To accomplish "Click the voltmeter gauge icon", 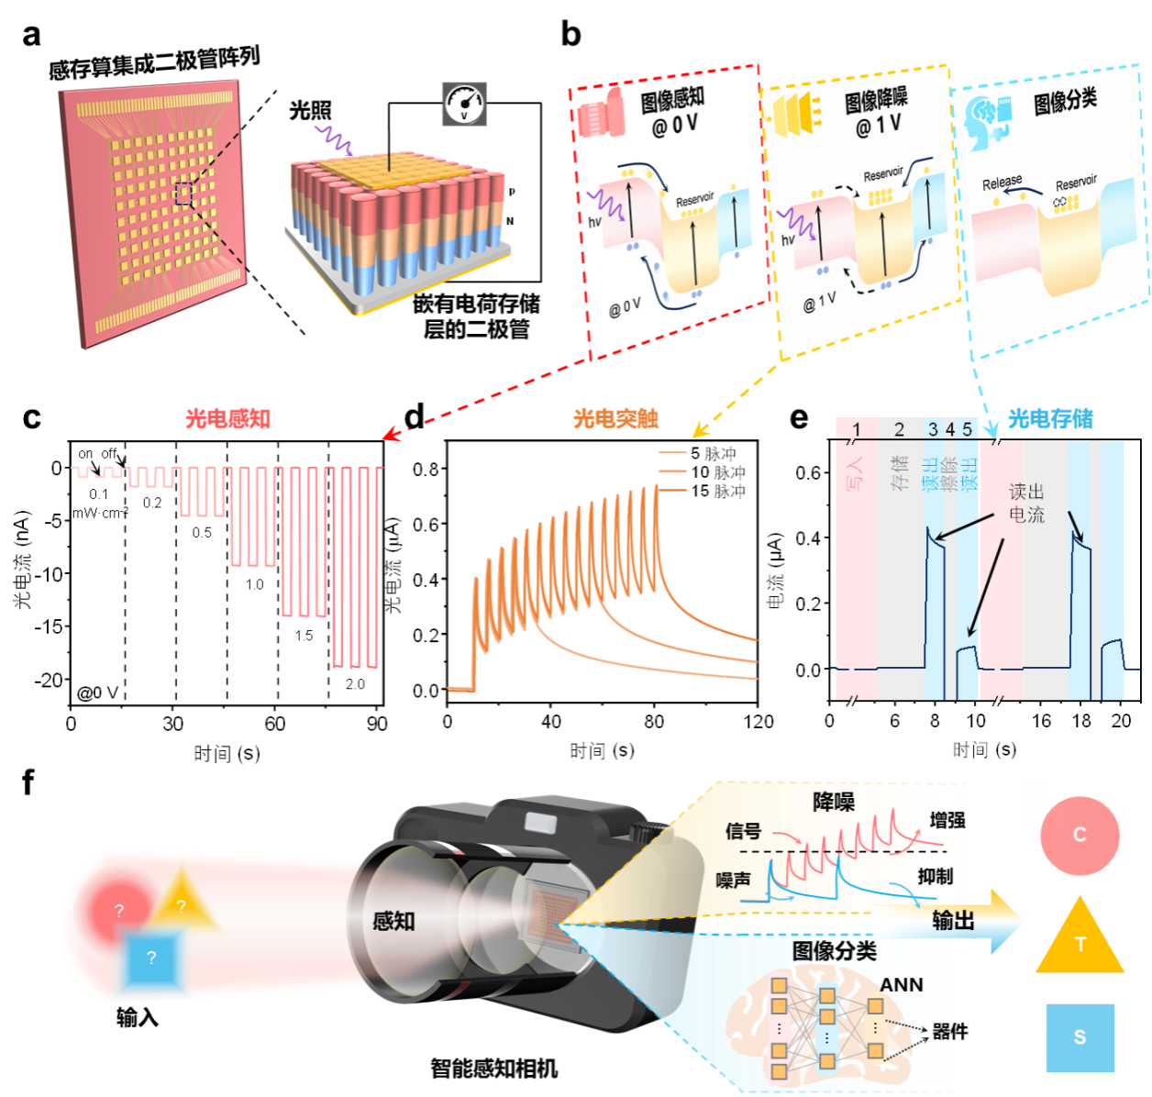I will pyautogui.click(x=464, y=105).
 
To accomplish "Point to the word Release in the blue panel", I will pyautogui.click(x=1002, y=183).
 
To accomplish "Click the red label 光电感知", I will pyautogui.click(x=227, y=419).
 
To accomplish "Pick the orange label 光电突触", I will pyautogui.click(x=615, y=419).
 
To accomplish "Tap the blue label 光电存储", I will pyautogui.click(x=1051, y=419).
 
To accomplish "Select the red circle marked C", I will pyautogui.click(x=1080, y=836).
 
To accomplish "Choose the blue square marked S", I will pyautogui.click(x=1080, y=1037).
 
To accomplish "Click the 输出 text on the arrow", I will pyautogui.click(x=953, y=921).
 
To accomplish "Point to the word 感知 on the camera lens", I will pyautogui.click(x=393, y=921).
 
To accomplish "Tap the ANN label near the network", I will pyautogui.click(x=902, y=985).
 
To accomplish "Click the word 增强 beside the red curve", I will pyautogui.click(x=947, y=820).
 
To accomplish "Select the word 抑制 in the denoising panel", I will pyautogui.click(x=936, y=877).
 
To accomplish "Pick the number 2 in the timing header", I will pyautogui.click(x=899, y=429).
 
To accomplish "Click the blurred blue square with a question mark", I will pyautogui.click(x=151, y=959).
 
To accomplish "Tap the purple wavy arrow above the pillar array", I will pyautogui.click(x=334, y=140).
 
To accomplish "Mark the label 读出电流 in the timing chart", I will pyautogui.click(x=1026, y=504).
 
